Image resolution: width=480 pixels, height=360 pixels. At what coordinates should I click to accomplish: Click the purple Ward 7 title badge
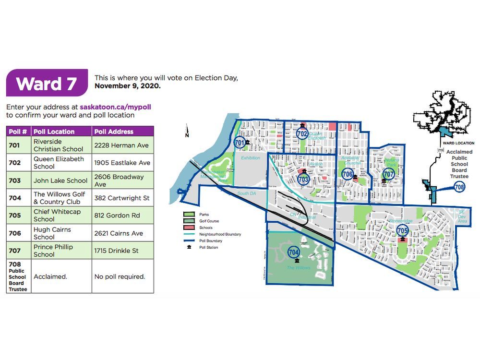(x=47, y=83)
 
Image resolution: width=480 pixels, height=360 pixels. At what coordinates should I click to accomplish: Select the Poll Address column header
(x=114, y=132)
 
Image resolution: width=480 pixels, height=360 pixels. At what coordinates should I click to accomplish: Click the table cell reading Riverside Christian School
(x=58, y=145)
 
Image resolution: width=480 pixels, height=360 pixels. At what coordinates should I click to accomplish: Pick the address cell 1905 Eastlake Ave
(x=122, y=163)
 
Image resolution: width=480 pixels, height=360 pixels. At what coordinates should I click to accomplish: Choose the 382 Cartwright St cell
(x=122, y=198)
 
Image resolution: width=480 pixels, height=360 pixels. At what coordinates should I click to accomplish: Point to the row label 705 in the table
(x=15, y=216)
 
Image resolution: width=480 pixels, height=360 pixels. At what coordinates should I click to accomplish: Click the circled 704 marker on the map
(x=294, y=252)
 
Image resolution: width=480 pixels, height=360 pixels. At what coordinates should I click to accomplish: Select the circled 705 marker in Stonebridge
(x=402, y=231)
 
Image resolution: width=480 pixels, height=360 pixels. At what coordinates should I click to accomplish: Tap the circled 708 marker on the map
(x=459, y=187)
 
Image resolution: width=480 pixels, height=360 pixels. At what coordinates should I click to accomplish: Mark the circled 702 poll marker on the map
(x=302, y=133)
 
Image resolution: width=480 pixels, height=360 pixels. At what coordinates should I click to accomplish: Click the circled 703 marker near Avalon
(x=303, y=180)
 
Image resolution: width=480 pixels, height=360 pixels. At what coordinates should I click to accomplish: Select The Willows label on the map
(x=298, y=267)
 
